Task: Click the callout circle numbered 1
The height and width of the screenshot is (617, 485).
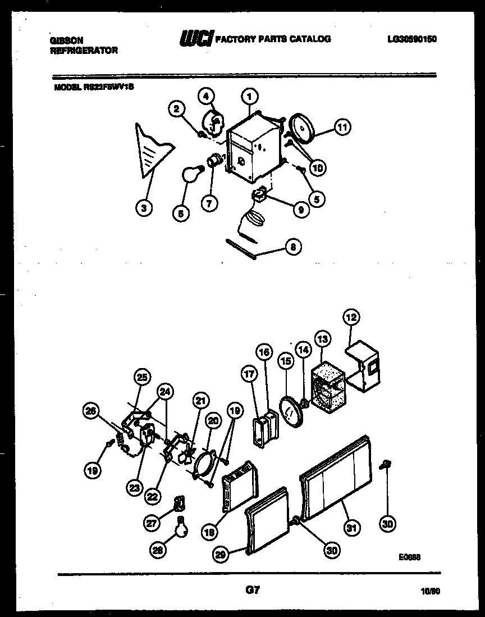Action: pyautogui.click(x=250, y=96)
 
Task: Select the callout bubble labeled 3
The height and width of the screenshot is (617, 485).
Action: pyautogui.click(x=144, y=209)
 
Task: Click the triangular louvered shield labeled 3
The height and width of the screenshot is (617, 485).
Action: pyautogui.click(x=152, y=151)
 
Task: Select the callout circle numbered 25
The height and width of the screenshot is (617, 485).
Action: pyautogui.click(x=141, y=377)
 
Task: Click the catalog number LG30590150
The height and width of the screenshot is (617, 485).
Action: pyautogui.click(x=413, y=39)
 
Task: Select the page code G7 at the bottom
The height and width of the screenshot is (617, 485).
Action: pyautogui.click(x=253, y=590)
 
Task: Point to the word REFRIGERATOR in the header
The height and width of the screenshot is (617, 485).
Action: pyautogui.click(x=84, y=50)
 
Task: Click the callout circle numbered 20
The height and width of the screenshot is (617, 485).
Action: pyautogui.click(x=213, y=420)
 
